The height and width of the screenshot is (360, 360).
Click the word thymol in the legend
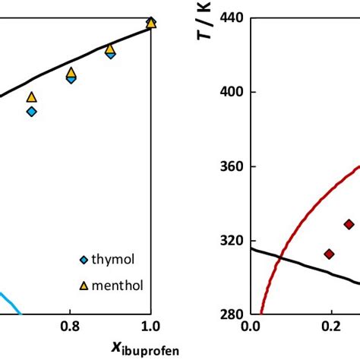pos(112,261)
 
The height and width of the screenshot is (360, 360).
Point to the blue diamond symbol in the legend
pos(84,261)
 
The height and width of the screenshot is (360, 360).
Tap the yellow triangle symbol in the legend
pos(84,286)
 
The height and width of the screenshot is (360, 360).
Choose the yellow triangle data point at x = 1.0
pos(150,23)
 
